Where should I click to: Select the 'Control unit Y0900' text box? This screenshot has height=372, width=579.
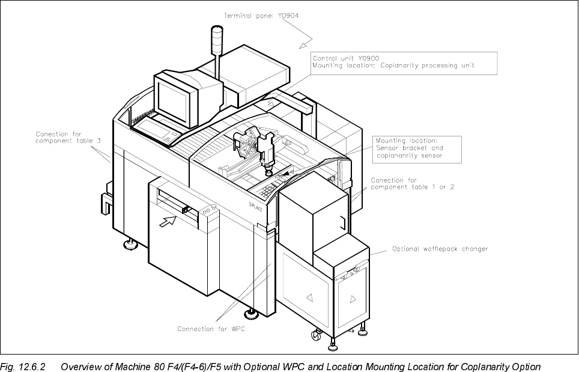click(404, 63)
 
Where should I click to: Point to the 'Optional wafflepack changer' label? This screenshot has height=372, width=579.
click(440, 249)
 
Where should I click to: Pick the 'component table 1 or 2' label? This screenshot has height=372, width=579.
click(412, 184)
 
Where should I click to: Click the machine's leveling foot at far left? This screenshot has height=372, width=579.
click(129, 244)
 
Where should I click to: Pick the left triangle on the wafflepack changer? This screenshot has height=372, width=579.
click(310, 297)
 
